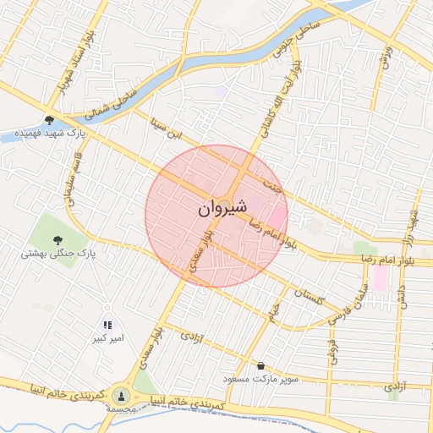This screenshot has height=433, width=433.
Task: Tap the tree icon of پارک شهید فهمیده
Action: (50, 120)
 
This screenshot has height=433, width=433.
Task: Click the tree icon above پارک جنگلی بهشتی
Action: (58, 239)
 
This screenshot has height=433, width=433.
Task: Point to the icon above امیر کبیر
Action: (107, 325)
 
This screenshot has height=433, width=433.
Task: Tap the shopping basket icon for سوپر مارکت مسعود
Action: (260, 365)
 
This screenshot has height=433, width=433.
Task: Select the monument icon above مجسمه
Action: (121, 395)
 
